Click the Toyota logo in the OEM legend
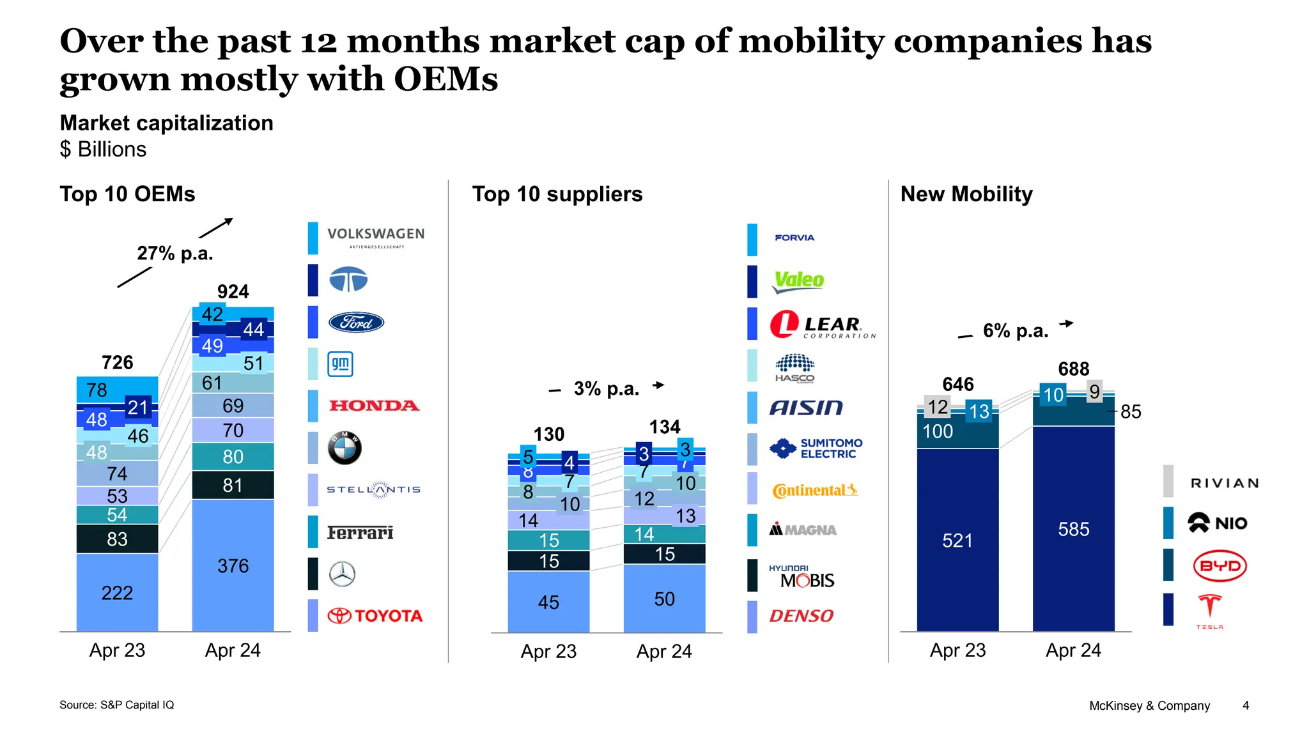pos(375,616)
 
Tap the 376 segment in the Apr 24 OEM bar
pos(233,566)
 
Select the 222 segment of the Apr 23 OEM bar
pos(117,593)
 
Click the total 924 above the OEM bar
pos(233,292)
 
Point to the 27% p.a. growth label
pos(174,254)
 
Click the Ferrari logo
pos(360,532)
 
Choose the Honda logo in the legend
pos(374,406)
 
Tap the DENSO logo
pos(801,616)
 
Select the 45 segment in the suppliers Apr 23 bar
pos(548,602)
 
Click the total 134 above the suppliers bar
pos(665,427)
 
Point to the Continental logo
pos(814,490)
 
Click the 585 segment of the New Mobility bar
pos(1073,529)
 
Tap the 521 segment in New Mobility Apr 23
pos(957,540)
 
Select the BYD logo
pos(1220,565)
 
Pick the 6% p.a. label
pos(1015,331)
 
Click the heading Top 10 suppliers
pos(557,194)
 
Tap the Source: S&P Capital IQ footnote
pos(116,705)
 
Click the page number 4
pos(1245,705)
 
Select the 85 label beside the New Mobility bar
pos(1130,412)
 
